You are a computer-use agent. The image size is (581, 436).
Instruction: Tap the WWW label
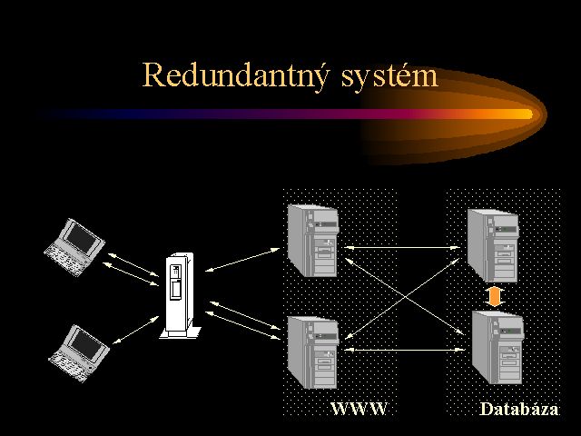pyautogui.click(x=359, y=409)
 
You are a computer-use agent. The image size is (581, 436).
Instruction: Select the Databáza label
pyautogui.click(x=518, y=410)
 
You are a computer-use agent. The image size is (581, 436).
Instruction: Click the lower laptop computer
pyautogui.click(x=79, y=350)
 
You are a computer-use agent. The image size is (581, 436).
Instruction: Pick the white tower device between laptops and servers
pyautogui.click(x=177, y=295)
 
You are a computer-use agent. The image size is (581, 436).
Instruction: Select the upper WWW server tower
pyautogui.click(x=311, y=241)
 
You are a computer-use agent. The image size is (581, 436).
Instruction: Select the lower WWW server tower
pyautogui.click(x=311, y=353)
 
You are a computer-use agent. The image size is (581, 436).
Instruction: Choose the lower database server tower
pyautogui.click(x=497, y=348)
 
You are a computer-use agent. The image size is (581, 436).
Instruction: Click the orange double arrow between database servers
pyautogui.click(x=494, y=296)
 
